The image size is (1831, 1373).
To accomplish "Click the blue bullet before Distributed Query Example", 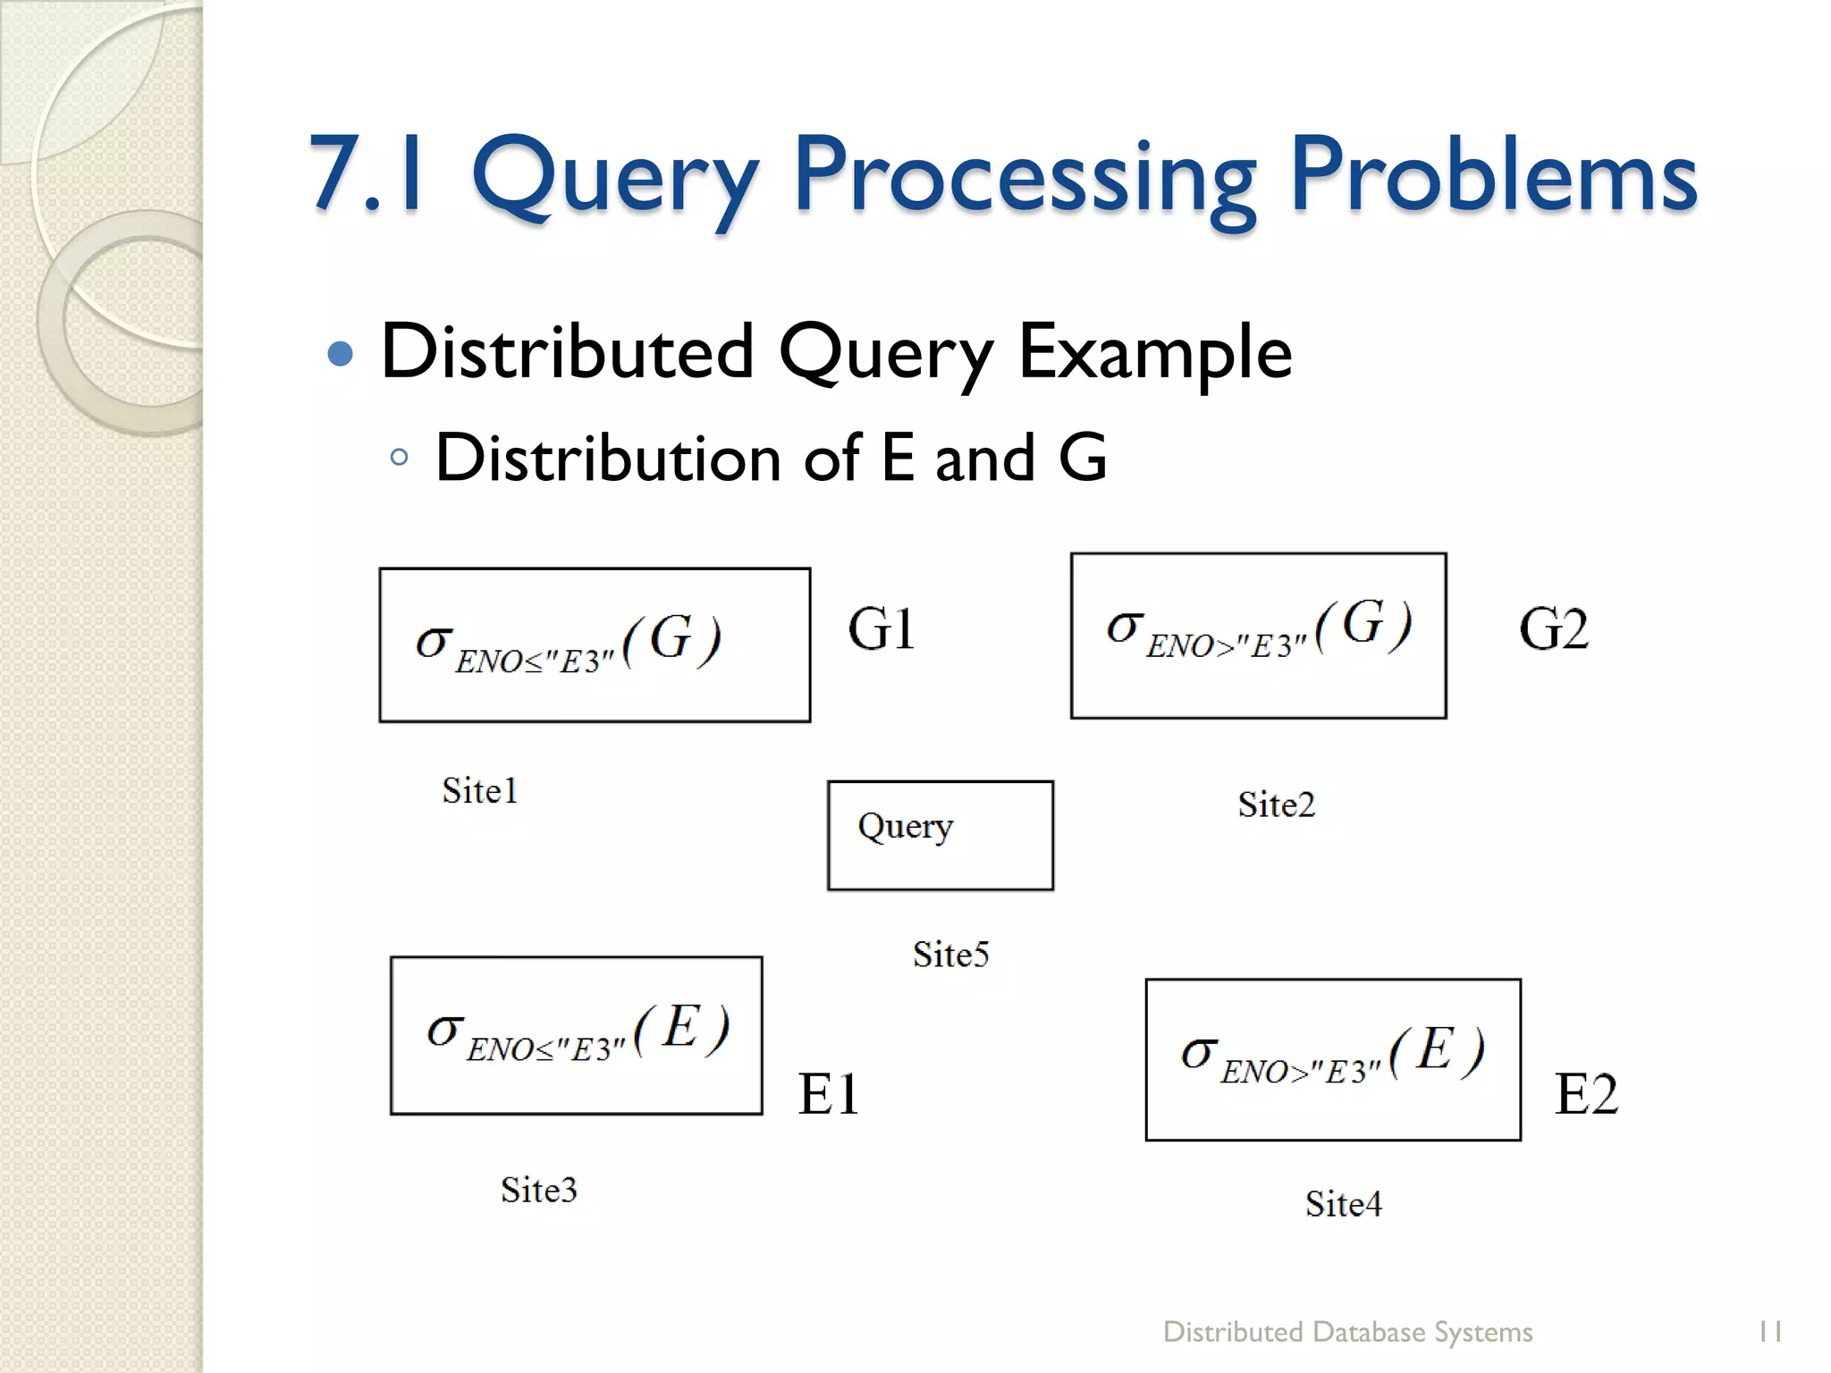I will point(341,355).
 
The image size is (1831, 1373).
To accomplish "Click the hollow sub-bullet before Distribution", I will point(400,458).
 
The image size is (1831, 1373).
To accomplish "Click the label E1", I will point(829,1093).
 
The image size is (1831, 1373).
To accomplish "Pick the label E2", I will point(1586,1093).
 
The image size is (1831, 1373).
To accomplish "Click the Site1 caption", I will point(480,791).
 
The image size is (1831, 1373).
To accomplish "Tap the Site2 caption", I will point(1276,805).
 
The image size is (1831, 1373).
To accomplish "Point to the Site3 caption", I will point(538,1190).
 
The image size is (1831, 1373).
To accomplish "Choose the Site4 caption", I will point(1343,1204).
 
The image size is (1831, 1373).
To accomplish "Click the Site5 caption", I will point(950,955).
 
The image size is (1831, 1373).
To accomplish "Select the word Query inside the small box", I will point(905,827).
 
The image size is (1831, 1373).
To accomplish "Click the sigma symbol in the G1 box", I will point(434,642).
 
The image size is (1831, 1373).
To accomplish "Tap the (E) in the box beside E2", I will point(1437,1049).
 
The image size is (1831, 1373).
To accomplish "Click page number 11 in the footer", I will point(1769,1332).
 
